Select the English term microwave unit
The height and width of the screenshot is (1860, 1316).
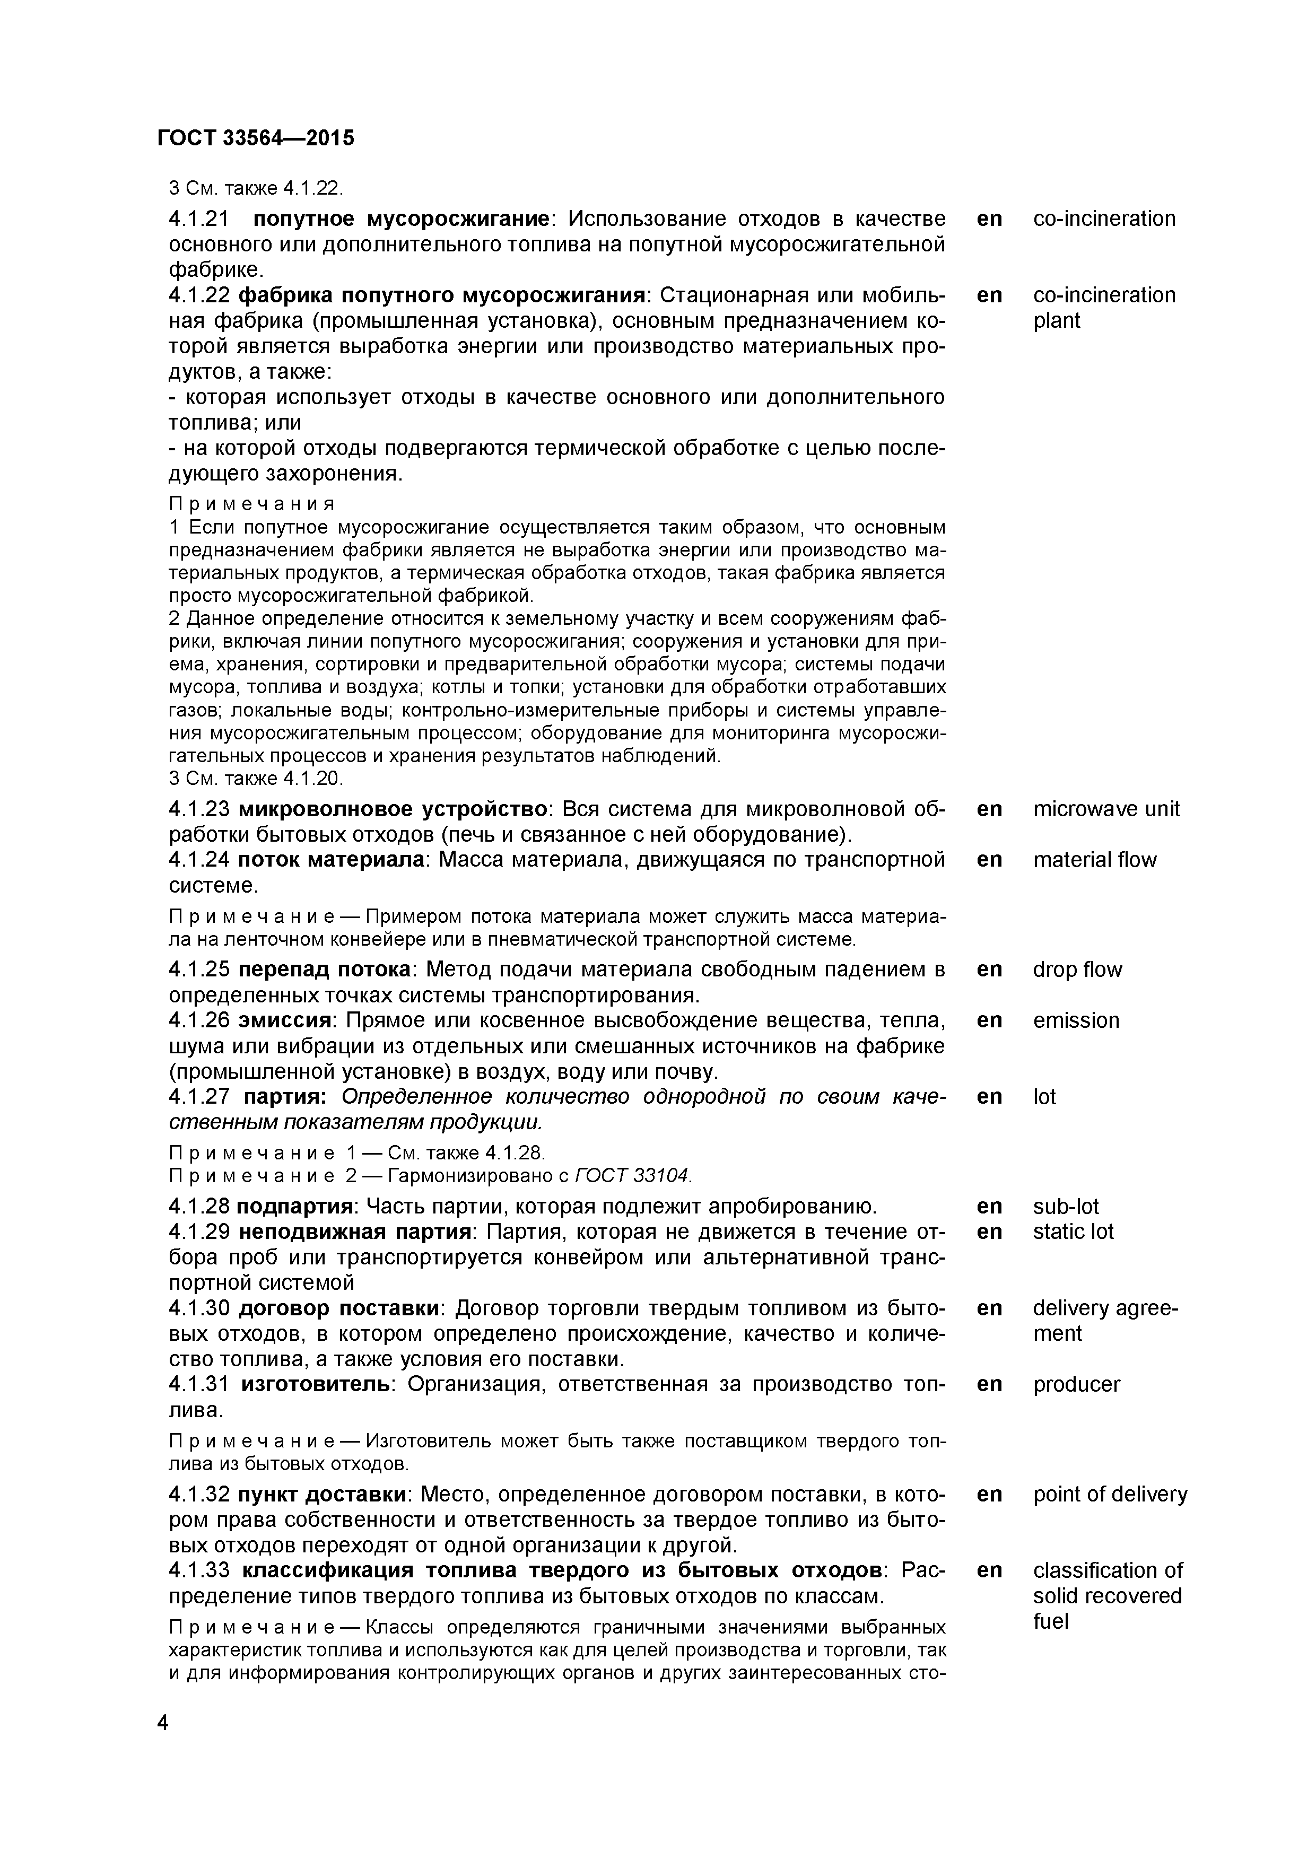[1106, 809]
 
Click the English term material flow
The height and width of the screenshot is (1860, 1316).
[1094, 860]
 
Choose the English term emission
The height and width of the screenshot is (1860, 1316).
[1075, 1021]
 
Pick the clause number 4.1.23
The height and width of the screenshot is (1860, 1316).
[199, 809]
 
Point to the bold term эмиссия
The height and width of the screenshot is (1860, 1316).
[290, 1021]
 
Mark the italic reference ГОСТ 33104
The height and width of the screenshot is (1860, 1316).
[634, 1175]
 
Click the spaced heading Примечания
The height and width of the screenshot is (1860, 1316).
[251, 504]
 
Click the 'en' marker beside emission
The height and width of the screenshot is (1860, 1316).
[989, 1021]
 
